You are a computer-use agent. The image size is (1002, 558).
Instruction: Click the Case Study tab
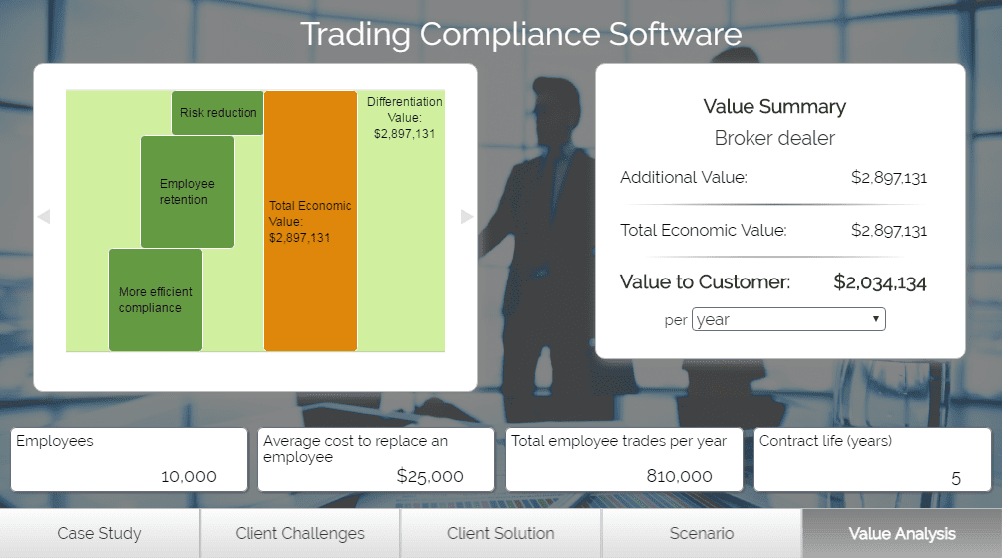click(x=99, y=533)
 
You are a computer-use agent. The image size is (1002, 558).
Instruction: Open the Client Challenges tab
click(x=299, y=533)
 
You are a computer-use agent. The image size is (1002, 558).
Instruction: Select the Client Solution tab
click(x=500, y=533)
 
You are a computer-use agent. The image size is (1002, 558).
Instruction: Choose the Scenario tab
click(x=701, y=533)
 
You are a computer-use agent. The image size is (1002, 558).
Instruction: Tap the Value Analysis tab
click(x=901, y=533)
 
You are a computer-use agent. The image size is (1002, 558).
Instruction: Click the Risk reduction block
click(x=218, y=113)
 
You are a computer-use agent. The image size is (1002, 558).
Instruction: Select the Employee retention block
click(x=187, y=192)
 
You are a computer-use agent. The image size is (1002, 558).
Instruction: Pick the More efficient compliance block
click(x=155, y=299)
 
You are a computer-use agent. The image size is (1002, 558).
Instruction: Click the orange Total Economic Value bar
click(x=310, y=222)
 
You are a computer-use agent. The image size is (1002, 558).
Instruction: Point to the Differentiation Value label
click(x=404, y=118)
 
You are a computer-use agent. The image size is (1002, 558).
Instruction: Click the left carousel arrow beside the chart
click(x=43, y=216)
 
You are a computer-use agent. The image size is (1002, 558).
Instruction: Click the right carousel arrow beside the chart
click(x=466, y=216)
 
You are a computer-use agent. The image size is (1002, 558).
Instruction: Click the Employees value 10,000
click(x=189, y=476)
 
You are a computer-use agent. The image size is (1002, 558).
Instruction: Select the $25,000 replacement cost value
click(x=430, y=476)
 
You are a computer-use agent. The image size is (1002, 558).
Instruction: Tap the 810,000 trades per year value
click(x=679, y=476)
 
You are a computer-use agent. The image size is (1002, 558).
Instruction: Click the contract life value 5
click(x=955, y=477)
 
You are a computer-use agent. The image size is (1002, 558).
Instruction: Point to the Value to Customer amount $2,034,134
click(x=879, y=282)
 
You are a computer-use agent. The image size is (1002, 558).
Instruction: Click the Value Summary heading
click(x=774, y=107)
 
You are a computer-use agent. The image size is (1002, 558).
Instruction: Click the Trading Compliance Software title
click(x=521, y=34)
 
